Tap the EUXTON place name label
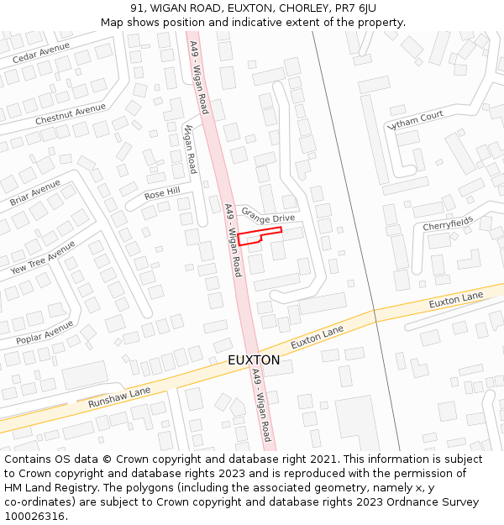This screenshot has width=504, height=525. tap(254, 360)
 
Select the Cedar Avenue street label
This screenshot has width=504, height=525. tap(41, 53)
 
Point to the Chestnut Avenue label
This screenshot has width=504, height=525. tap(71, 115)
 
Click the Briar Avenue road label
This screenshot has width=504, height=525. tap(35, 193)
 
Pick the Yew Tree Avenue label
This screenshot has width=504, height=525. tap(43, 258)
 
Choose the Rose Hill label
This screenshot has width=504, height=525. tap(162, 194)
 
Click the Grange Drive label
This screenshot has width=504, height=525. tap(268, 215)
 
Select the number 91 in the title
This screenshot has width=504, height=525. tap(137, 8)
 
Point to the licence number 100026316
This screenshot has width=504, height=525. tap(34, 517)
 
